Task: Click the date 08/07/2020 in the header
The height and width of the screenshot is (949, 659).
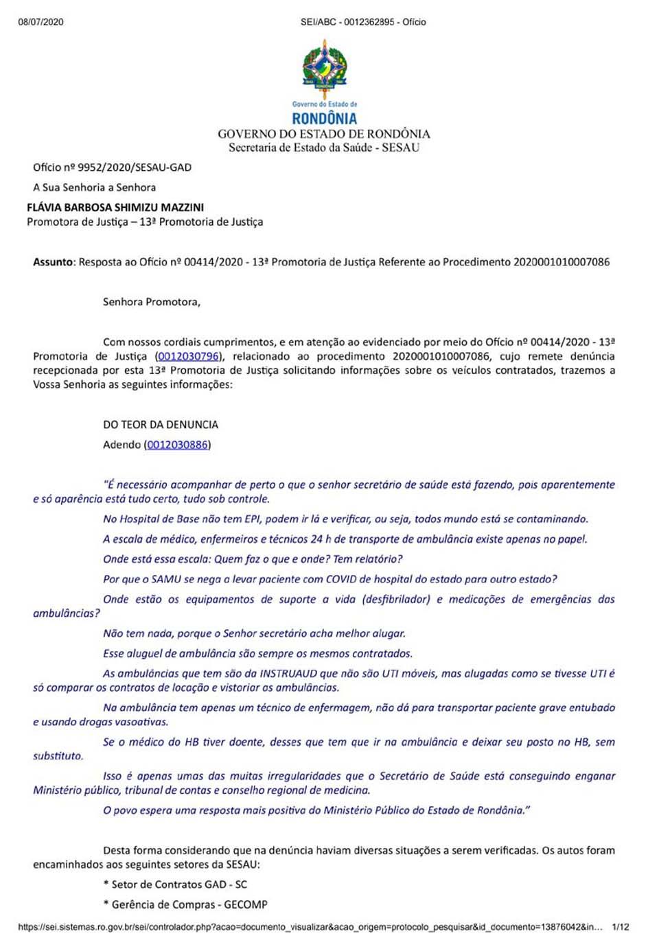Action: coord(41,22)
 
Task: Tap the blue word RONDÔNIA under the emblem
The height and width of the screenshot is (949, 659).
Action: coord(324,119)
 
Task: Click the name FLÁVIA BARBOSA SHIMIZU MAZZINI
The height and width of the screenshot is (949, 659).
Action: coord(115,207)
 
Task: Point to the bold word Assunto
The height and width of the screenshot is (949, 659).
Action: coord(53,262)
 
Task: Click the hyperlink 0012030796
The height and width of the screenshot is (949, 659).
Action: coord(188,356)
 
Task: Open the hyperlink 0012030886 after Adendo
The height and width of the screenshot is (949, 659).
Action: coord(177,445)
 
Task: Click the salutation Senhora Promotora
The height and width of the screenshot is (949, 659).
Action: coord(151,302)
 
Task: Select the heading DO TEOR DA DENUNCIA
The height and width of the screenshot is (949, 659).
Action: coord(161,425)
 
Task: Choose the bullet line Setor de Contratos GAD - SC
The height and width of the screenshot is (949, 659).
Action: coord(175,884)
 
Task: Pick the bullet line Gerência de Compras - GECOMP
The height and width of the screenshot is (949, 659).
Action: coord(185,904)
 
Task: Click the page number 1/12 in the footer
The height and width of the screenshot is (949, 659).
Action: coord(620,927)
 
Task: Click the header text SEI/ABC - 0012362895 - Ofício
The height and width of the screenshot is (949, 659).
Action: coord(363,22)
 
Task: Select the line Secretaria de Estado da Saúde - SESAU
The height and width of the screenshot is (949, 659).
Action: coord(324,148)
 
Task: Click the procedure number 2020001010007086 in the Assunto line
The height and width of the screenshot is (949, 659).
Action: coord(561,262)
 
